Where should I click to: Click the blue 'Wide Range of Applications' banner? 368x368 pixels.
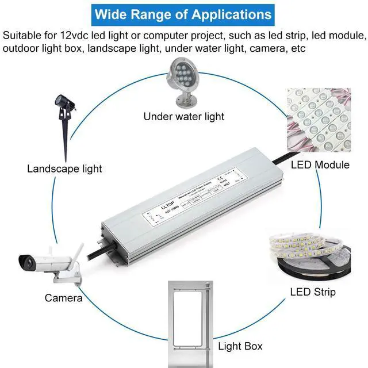pyautogui.click(x=183, y=14)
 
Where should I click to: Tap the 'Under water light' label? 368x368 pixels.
pyautogui.click(x=183, y=117)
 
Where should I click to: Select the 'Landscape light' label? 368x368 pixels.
pyautogui.click(x=64, y=168)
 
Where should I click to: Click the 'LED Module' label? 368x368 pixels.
pyautogui.click(x=320, y=165)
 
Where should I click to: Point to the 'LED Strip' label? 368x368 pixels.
pyautogui.click(x=313, y=292)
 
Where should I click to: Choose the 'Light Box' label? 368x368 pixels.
pyautogui.click(x=240, y=346)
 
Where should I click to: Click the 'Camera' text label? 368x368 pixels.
pyautogui.click(x=63, y=298)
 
